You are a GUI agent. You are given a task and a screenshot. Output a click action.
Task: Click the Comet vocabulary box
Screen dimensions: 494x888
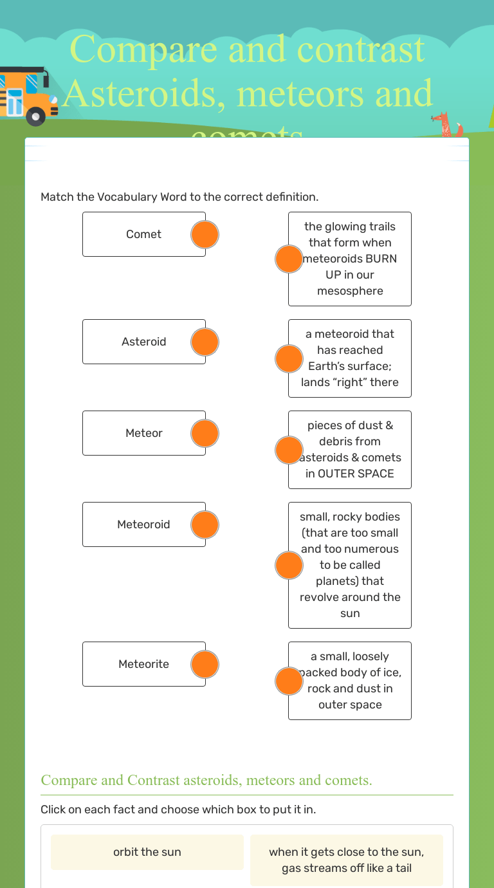(143, 234)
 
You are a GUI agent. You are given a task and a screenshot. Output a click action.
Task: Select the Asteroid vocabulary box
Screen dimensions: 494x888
(143, 342)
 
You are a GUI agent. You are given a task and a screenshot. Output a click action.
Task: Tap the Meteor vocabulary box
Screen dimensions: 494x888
(143, 433)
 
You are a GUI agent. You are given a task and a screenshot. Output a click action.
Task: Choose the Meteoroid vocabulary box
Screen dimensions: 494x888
(143, 524)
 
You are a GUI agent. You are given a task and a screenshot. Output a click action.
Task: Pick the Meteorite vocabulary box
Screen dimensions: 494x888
(143, 664)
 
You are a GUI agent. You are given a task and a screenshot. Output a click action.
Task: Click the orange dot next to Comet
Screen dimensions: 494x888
(205, 235)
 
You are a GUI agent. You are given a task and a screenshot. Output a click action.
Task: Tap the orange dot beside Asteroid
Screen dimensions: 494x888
(205, 342)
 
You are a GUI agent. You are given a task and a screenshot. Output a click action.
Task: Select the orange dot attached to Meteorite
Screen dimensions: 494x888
(205, 665)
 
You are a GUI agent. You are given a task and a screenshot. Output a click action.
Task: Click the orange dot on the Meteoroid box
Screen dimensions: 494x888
(205, 525)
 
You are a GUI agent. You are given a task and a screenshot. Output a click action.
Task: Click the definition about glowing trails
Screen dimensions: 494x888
(350, 259)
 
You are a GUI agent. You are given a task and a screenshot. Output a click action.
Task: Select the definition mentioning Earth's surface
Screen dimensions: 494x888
(350, 358)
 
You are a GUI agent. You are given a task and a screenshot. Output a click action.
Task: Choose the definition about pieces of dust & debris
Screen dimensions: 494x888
(350, 450)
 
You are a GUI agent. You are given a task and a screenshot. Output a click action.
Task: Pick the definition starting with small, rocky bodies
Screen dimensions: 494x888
(350, 565)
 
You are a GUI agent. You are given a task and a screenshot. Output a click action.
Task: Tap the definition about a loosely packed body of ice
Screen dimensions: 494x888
(350, 681)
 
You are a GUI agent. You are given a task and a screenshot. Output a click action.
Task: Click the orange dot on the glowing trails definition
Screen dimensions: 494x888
(289, 259)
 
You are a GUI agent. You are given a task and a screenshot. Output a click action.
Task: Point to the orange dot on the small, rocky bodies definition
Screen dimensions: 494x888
(289, 566)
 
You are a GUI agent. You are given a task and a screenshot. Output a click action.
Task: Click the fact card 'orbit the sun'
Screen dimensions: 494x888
(147, 852)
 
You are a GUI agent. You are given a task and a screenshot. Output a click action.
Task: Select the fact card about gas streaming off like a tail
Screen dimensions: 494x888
(347, 860)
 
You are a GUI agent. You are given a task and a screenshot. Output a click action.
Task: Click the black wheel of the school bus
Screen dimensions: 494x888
(35, 116)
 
